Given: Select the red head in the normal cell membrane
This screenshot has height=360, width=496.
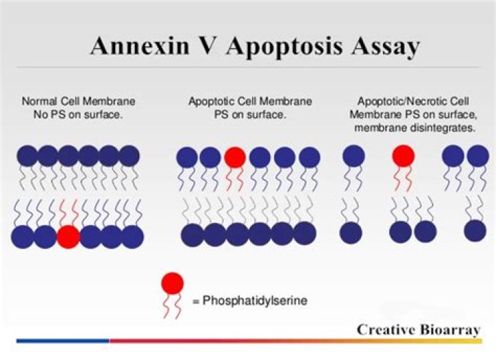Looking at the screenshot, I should coord(68,237).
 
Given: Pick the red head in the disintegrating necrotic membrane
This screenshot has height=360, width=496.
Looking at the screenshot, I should coord(404,156).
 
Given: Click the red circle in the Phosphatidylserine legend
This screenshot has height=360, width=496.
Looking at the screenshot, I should coord(172,282).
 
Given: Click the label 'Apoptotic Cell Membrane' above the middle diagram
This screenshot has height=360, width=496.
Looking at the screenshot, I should coord(250,100).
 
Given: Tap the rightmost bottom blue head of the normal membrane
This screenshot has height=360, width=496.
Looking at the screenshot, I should coord(132,237).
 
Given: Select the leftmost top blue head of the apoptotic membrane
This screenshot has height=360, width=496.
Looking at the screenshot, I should coord(187,158).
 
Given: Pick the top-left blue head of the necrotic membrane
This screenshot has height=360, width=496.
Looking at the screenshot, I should coord(353,156).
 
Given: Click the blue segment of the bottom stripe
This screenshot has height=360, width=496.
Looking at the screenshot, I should coord(62,340).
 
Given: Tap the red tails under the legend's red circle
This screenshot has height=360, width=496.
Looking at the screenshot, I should coord(172,303).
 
